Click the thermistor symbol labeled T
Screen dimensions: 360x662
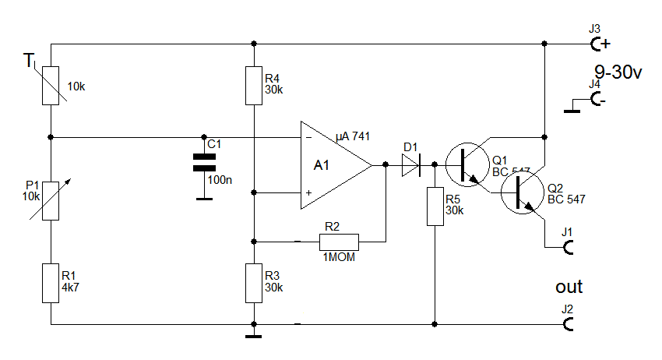point(50,85)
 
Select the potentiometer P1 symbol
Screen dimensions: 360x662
point(50,200)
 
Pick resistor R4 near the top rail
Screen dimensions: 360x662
point(254,85)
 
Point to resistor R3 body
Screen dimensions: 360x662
point(254,283)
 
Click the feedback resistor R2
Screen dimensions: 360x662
point(338,242)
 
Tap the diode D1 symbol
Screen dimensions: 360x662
point(411,165)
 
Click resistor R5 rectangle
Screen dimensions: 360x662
point(434,206)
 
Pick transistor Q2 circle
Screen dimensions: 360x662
point(521,194)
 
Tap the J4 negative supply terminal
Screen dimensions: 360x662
point(597,100)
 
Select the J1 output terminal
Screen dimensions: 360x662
point(569,247)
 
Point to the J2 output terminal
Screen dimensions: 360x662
point(569,323)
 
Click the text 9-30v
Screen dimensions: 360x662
point(618,72)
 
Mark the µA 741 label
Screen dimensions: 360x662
point(353,136)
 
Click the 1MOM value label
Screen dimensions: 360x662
point(337,256)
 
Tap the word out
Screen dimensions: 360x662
point(569,287)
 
